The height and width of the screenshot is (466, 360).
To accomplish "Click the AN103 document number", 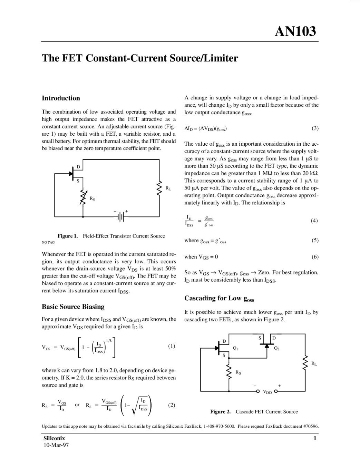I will [295, 31].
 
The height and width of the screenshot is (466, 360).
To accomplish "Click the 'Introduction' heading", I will [61, 98].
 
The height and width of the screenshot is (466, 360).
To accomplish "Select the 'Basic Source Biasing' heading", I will [73, 307].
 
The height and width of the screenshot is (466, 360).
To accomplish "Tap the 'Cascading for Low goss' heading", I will [219, 299].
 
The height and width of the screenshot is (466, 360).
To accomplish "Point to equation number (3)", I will [315, 128].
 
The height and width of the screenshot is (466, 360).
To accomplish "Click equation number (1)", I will [171, 346].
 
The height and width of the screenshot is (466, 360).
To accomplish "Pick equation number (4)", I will [314, 221].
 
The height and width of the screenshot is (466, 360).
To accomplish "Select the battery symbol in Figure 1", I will [121, 217].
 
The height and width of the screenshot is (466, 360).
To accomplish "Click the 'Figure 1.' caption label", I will [68, 236].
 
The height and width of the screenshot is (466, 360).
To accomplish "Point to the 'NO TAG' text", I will [48, 242].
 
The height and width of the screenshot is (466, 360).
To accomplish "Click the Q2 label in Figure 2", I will [276, 349].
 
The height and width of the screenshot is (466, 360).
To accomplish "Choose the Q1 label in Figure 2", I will [235, 349].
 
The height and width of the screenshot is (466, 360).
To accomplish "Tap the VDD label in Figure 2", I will [267, 392].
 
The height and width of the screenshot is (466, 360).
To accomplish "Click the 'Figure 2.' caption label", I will [220, 412].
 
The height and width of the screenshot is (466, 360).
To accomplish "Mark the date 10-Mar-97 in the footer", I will [56, 445].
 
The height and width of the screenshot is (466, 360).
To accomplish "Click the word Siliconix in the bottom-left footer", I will [54, 438].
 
